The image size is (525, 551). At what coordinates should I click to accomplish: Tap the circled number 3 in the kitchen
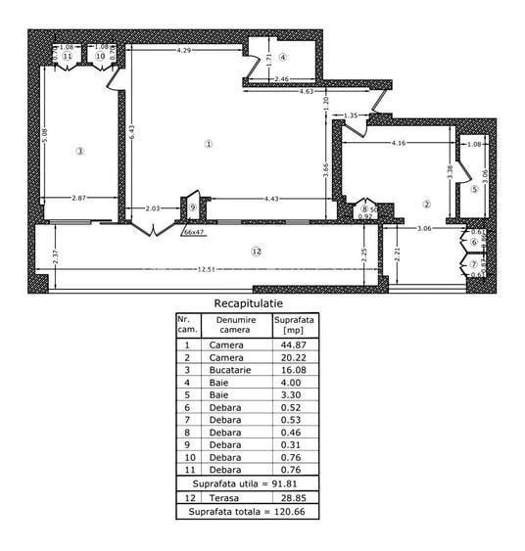click(80, 151)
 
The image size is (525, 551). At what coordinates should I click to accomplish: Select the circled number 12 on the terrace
click(257, 252)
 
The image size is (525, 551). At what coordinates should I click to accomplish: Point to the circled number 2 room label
click(427, 205)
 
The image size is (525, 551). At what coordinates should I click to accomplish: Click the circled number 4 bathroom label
click(281, 57)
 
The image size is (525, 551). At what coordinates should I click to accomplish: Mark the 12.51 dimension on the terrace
click(204, 270)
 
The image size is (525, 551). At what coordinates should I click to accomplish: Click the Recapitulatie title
click(248, 304)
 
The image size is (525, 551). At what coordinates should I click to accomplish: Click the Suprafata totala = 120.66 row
click(247, 512)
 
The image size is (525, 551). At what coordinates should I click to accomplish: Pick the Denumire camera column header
click(236, 325)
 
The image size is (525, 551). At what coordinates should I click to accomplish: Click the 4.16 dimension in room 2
click(398, 144)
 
